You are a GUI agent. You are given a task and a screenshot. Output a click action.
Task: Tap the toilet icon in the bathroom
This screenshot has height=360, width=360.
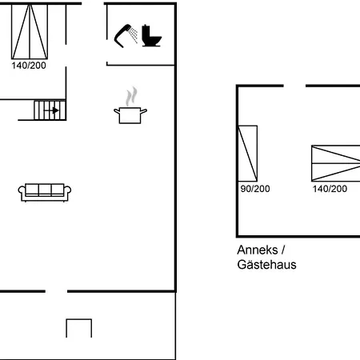151,36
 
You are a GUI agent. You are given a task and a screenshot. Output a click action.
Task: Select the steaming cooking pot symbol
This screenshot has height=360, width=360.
130,106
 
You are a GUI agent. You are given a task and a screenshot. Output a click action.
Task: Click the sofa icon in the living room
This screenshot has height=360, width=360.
45,192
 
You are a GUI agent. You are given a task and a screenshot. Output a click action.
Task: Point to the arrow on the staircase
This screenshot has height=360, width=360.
51,110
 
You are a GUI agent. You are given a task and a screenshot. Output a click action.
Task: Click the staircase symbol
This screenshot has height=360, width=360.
50,110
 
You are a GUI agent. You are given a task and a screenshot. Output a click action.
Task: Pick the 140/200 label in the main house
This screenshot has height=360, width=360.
29,66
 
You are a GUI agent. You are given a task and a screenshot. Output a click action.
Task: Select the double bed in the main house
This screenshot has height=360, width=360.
30,31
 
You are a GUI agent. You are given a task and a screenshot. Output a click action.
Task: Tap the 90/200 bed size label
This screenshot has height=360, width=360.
255,189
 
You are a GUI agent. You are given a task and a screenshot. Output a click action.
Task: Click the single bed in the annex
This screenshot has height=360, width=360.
247,154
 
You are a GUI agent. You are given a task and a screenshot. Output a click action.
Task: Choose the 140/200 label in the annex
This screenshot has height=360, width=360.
330,189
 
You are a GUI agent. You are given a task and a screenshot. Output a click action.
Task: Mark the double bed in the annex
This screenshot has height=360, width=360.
336,163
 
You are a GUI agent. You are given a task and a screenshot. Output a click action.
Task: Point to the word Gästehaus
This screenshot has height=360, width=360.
266,265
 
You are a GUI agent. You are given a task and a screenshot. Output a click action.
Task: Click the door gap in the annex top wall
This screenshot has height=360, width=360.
294,86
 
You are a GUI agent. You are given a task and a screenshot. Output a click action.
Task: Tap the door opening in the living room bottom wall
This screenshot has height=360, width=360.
56,291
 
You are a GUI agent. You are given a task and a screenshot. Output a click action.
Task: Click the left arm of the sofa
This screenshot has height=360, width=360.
22,191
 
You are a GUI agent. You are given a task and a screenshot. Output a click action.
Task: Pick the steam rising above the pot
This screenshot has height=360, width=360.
131,96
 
